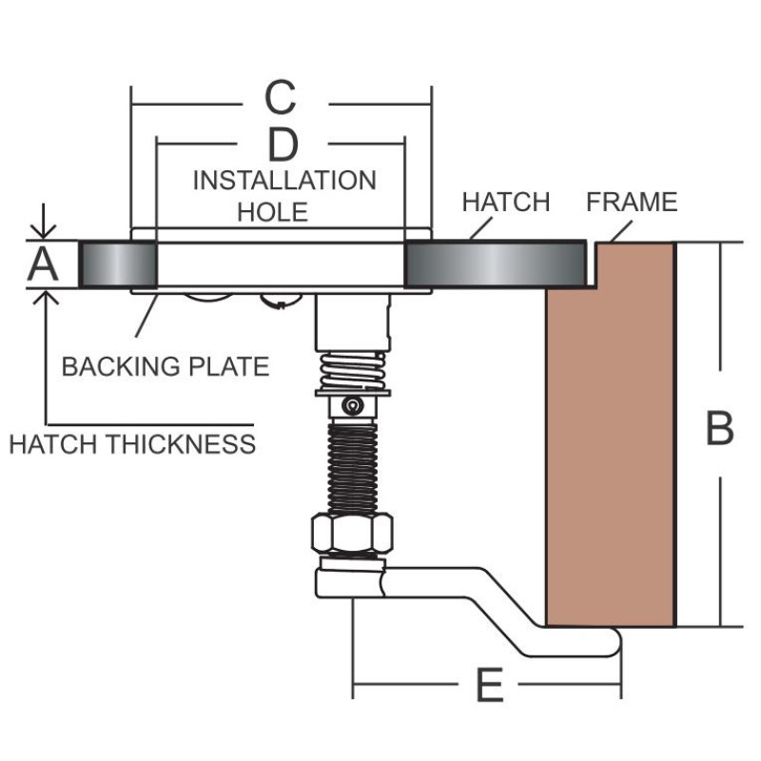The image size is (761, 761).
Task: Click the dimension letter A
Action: tap(42, 264)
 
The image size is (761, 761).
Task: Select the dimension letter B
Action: tap(719, 428)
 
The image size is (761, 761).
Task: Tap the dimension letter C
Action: tap(280, 97)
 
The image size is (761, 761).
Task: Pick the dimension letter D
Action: tap(282, 145)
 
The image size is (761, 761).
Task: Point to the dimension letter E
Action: tap(488, 686)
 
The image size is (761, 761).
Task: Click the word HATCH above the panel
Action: tap(505, 203)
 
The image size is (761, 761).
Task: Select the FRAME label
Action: tap(632, 203)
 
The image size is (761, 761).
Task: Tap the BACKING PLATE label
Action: tap(166, 366)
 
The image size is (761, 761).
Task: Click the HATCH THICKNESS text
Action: tap(132, 443)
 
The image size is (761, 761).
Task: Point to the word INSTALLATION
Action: tap(284, 180)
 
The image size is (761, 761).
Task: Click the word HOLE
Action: tap(273, 211)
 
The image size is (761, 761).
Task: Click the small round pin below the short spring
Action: tap(353, 406)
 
